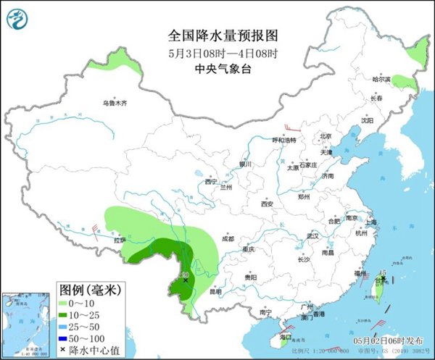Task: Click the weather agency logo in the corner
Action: coord(19,19)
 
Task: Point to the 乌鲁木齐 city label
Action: coord(114,104)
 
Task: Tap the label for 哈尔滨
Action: coord(381,78)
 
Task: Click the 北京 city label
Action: coord(326,136)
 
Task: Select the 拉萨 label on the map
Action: coord(120,240)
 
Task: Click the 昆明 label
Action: coord(215,292)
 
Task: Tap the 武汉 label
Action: coord(313,236)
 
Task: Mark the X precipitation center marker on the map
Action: coord(186,280)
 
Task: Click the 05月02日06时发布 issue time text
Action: coord(399,340)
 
